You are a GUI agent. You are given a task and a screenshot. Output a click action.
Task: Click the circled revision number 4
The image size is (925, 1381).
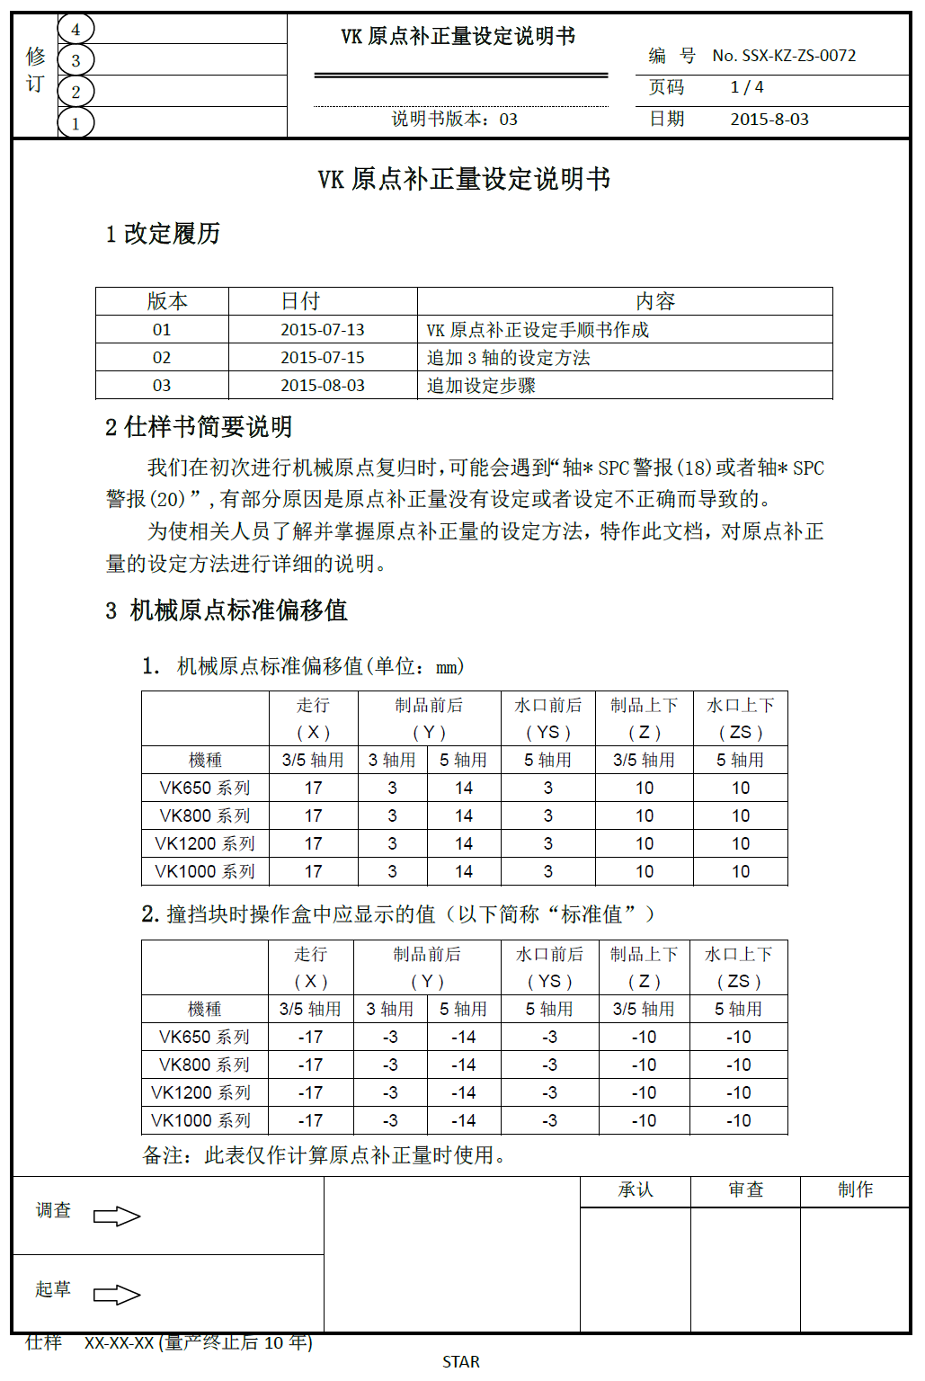[x=76, y=30]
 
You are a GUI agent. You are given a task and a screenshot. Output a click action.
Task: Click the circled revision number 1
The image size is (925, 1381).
[x=76, y=123]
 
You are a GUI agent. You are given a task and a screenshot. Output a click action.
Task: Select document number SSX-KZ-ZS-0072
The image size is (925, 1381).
[x=784, y=56]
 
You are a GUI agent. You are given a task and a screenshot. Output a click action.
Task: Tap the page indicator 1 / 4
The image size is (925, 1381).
[x=747, y=87]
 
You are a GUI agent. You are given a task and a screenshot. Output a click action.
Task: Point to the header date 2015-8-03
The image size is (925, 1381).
[x=769, y=120]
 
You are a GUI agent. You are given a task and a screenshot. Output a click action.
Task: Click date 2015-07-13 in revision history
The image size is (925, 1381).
[x=323, y=330]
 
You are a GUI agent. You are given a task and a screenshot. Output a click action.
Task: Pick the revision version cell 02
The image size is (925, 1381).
[x=162, y=358]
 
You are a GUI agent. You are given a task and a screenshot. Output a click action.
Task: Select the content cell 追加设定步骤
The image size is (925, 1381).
[x=481, y=386]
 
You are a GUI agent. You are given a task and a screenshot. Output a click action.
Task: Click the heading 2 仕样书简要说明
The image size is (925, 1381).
[x=199, y=427]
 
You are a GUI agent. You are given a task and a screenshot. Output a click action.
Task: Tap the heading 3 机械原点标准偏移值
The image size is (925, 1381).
[x=226, y=610]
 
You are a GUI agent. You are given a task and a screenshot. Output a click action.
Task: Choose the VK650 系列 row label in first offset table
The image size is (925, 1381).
[x=205, y=789]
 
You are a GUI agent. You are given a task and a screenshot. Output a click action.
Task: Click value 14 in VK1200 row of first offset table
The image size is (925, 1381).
[x=464, y=844]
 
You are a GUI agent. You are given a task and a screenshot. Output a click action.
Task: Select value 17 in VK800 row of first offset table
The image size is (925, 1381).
[x=313, y=816]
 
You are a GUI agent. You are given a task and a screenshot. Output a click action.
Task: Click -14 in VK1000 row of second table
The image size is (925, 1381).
[x=464, y=1121]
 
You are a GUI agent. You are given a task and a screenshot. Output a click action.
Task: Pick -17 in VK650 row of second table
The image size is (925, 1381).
[x=310, y=1038]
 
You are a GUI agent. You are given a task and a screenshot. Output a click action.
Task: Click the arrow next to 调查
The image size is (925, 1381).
[x=117, y=1216]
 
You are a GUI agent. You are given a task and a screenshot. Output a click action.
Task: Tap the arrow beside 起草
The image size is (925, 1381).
[x=117, y=1295]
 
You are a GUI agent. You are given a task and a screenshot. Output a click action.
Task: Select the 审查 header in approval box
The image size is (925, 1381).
[x=745, y=1190]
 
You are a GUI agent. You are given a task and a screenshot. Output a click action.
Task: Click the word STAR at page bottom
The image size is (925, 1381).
[x=461, y=1362]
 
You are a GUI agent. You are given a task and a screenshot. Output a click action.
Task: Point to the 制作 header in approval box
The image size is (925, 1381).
[x=855, y=1190]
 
